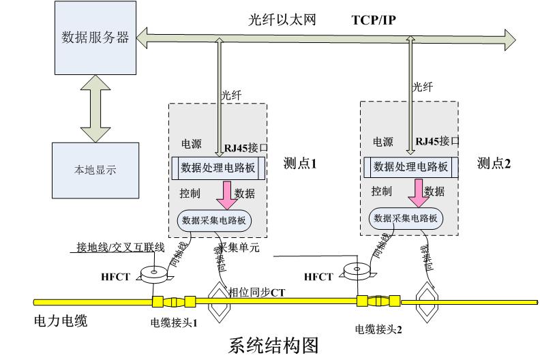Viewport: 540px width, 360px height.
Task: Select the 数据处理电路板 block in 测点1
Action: (218, 166)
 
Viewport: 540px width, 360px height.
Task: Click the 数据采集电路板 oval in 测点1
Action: (215, 220)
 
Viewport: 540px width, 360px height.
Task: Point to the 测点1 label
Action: (301, 164)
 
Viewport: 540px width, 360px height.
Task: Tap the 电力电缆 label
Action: (61, 320)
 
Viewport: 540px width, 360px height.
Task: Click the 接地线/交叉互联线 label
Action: (117, 247)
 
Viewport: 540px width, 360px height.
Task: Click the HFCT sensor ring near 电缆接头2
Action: (358, 270)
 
